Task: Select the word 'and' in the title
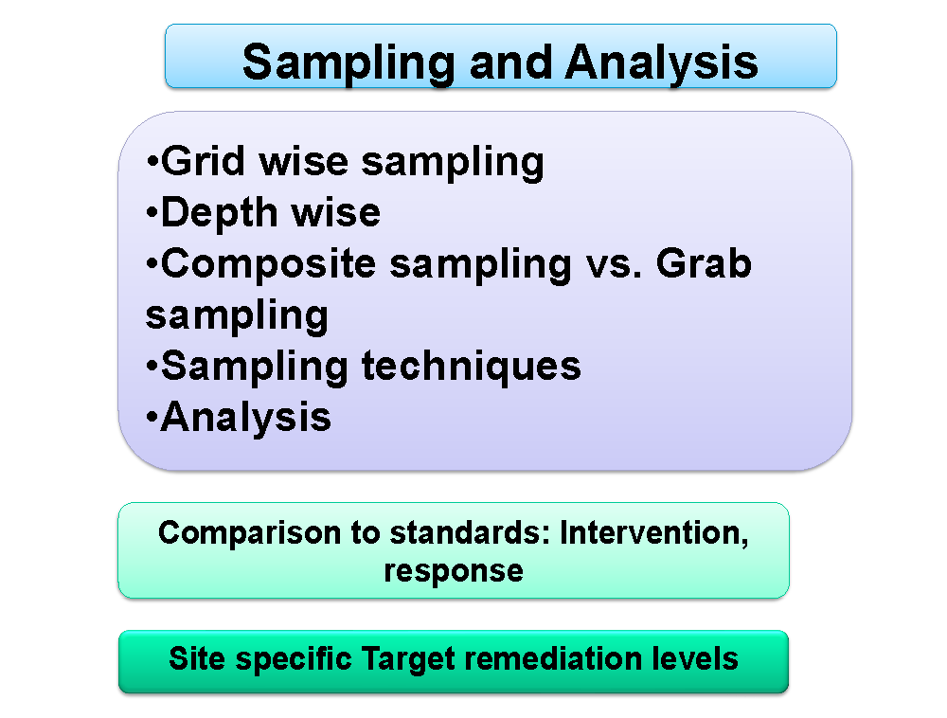510,62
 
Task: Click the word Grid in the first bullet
203,161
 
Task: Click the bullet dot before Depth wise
152,213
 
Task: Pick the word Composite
268,264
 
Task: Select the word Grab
705,264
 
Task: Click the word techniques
471,368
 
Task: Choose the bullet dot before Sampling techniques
152,367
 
